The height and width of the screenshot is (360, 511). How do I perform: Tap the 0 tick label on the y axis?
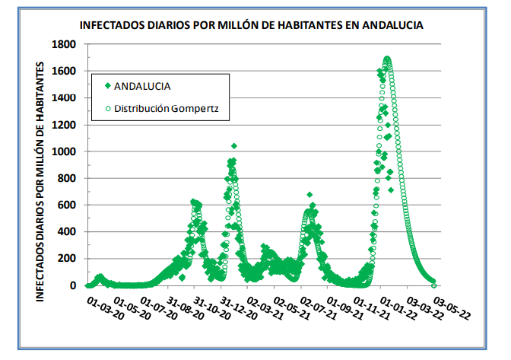coord(72,285)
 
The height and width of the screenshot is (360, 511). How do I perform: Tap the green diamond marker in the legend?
coord(108,86)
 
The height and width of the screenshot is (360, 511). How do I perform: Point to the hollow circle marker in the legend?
coord(108,109)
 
